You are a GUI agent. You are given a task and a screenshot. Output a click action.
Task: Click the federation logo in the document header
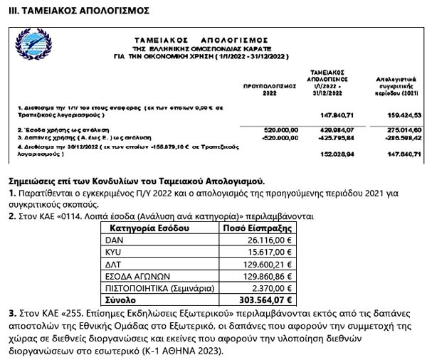[x=42, y=48]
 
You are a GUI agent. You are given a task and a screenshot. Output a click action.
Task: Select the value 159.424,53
[x=403, y=115]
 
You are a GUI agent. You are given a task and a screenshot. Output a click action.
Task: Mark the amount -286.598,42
[x=403, y=137]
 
